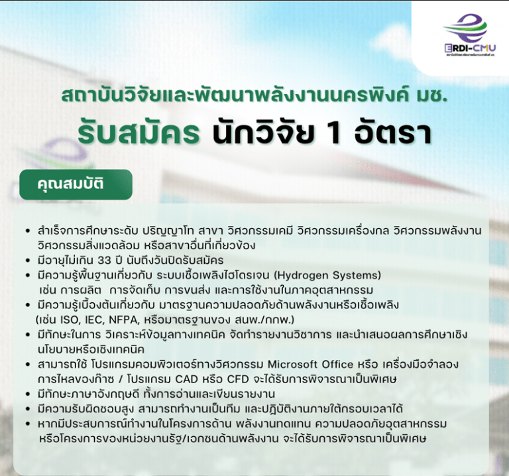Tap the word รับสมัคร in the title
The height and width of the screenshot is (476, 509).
pos(139,131)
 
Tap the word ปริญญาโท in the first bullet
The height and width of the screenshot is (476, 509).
pos(165,230)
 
